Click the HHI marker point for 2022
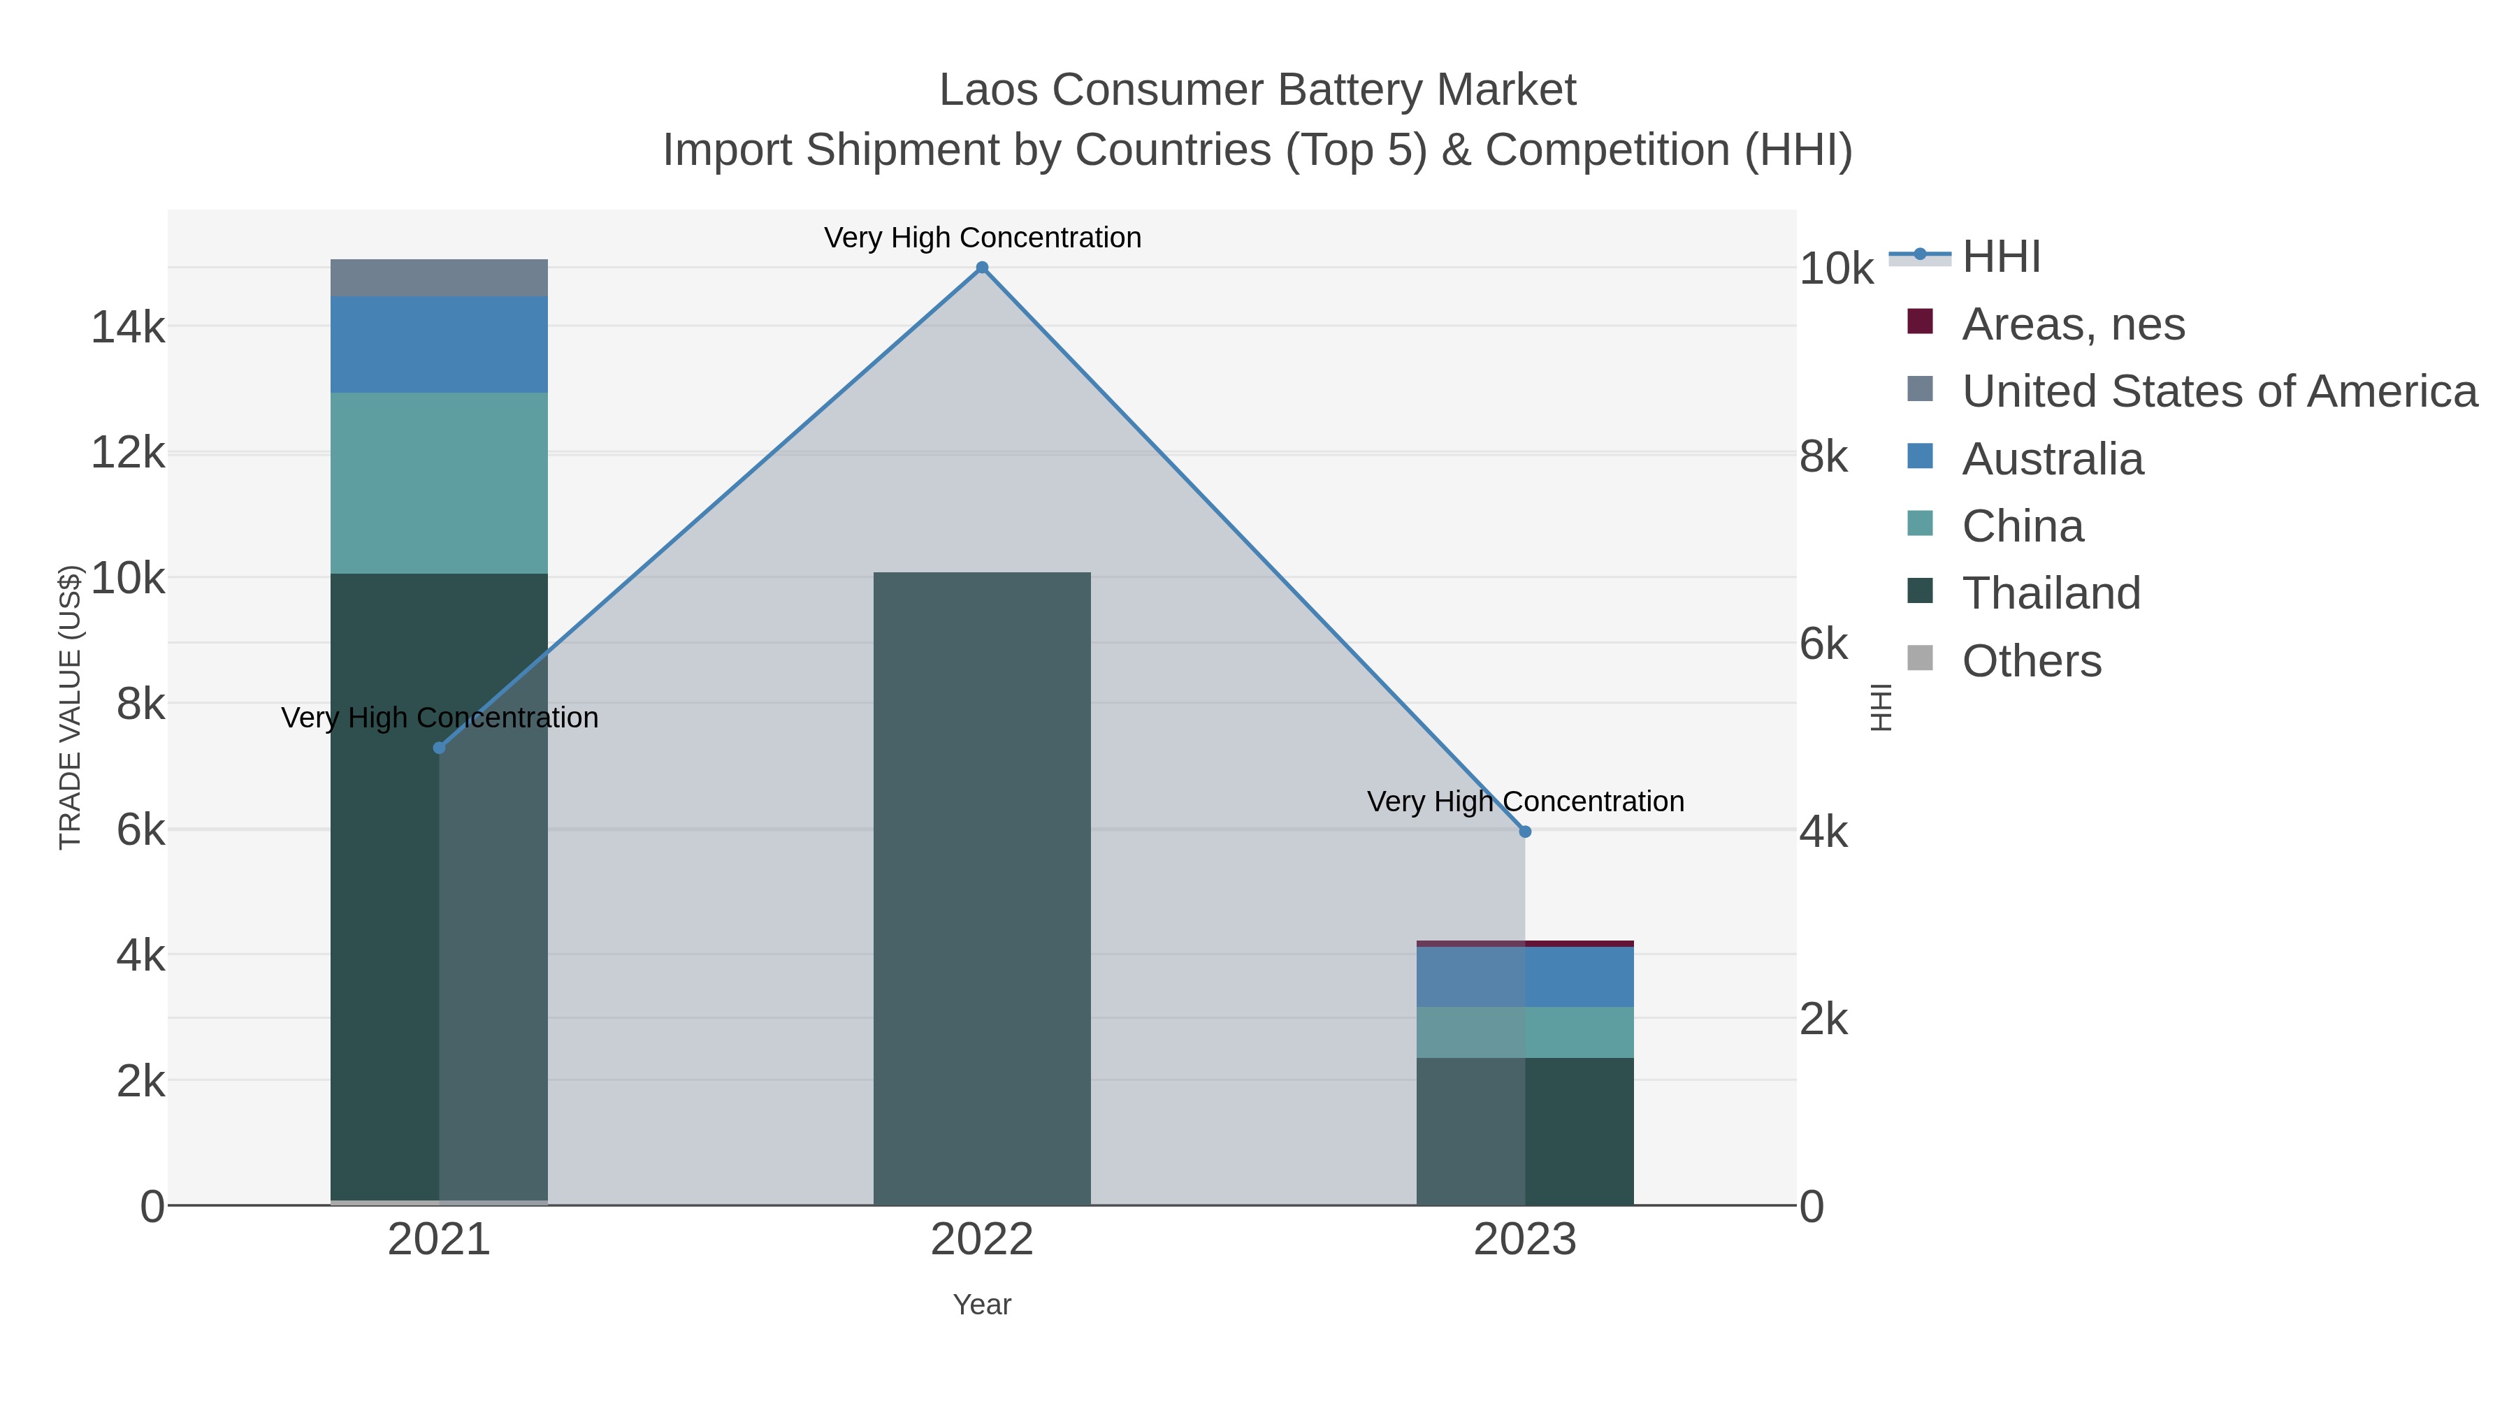point(982,268)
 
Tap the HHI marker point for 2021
point(438,748)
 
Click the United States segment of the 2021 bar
point(438,278)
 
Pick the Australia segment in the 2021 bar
point(438,344)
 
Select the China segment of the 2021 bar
point(438,484)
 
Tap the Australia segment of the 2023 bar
point(1525,977)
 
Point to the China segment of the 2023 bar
point(1525,1032)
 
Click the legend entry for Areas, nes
point(2073,324)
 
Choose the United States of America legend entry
point(2219,391)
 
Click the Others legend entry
point(2032,661)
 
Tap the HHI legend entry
point(2002,257)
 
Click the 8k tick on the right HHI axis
point(1823,457)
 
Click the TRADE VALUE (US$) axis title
point(71,707)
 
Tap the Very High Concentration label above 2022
point(982,238)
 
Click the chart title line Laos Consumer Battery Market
point(1257,90)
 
